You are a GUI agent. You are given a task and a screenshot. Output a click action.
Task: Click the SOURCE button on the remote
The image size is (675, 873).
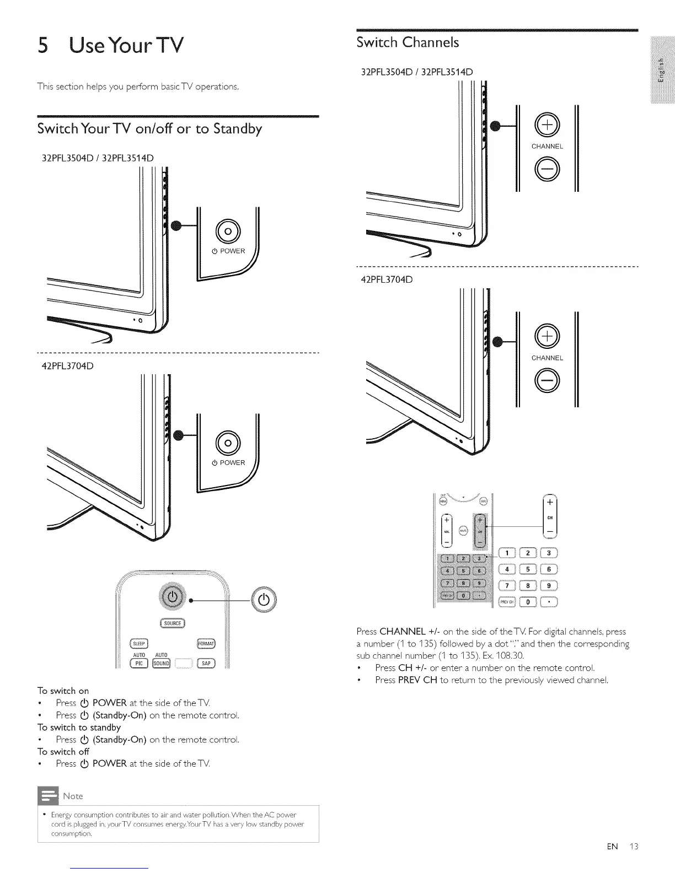coord(173,623)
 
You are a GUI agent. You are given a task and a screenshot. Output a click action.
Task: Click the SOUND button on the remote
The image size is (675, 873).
coord(162,663)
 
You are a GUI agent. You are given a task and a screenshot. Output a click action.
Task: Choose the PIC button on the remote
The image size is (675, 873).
coord(139,663)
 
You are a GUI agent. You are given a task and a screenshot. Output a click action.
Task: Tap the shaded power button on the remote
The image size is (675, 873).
coord(173,597)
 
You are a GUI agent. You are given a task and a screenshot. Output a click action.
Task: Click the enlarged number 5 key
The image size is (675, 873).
coord(528,569)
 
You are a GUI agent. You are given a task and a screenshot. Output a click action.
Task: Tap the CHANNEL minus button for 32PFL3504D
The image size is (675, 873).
coord(547,169)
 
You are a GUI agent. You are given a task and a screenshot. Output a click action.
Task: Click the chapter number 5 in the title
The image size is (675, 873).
coord(44,45)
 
